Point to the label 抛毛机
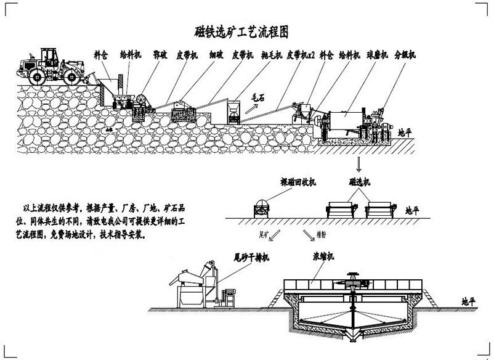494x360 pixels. pos(272,55)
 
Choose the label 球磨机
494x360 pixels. pos(376,55)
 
